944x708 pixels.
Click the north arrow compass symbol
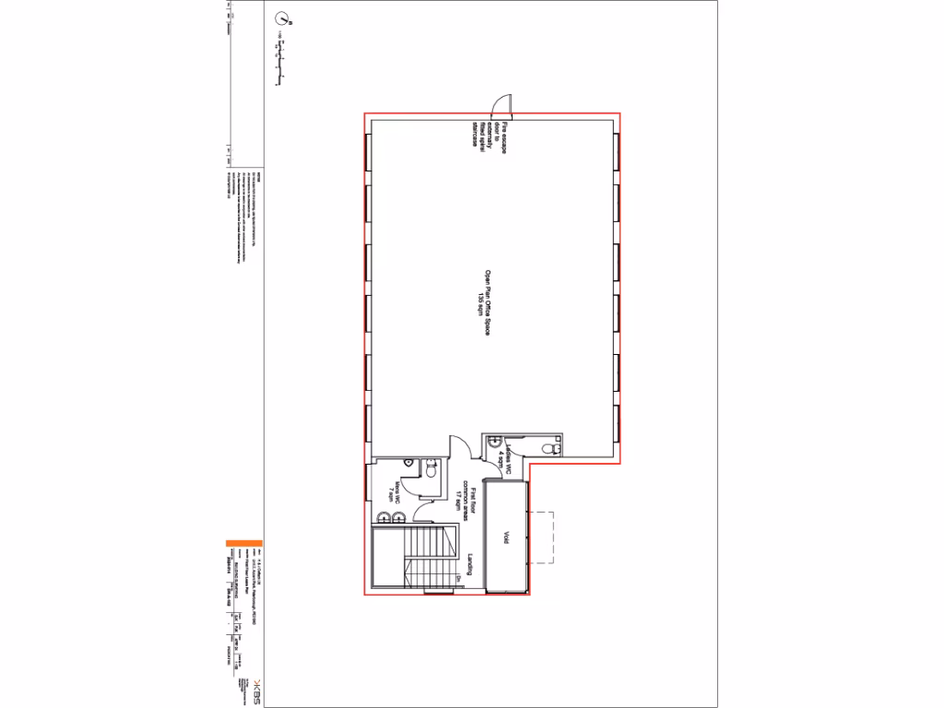click(x=282, y=18)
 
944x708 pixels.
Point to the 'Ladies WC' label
click(x=501, y=458)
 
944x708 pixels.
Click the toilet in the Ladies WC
click(x=551, y=447)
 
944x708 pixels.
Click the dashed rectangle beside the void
click(x=544, y=537)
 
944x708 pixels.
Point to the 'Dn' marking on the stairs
click(x=459, y=579)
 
